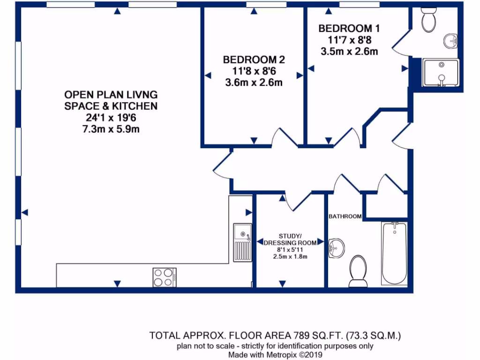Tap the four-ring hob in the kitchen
pos(164,277)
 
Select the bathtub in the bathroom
pos(395,253)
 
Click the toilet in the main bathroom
pos(358,271)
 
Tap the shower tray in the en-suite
pos(441,73)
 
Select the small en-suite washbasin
pos(450,41)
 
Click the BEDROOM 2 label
pos(254,60)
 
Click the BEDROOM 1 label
pos(349,29)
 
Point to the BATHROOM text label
pos(345,216)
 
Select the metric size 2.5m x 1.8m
pos(290,256)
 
